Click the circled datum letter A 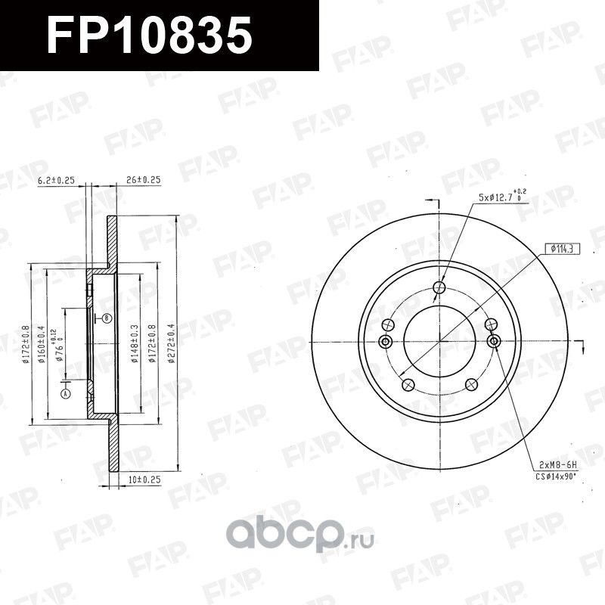coord(66,394)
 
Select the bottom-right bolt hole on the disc coord(472,384)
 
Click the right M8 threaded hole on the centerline coord(494,341)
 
